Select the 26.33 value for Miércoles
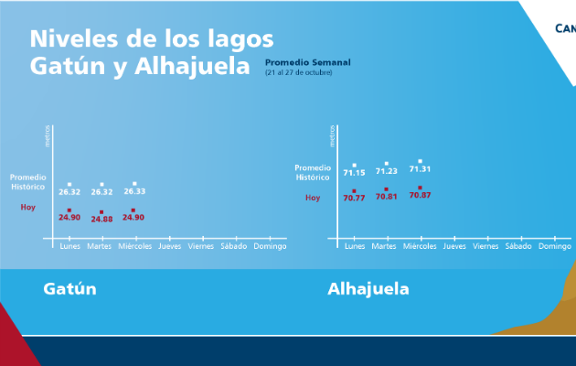pyautogui.click(x=134, y=192)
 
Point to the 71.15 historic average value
pyautogui.click(x=354, y=173)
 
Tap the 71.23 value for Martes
pyautogui.click(x=387, y=171)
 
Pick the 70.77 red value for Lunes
pyautogui.click(x=354, y=198)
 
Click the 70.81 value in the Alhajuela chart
pyautogui.click(x=387, y=197)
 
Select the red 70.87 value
pyautogui.click(x=420, y=195)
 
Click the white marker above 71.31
pyautogui.click(x=420, y=161)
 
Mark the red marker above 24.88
pyautogui.click(x=101, y=210)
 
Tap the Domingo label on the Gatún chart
pyautogui.click(x=270, y=246)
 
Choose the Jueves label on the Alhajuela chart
pyautogui.click(x=454, y=246)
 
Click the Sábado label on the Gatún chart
pyautogui.click(x=234, y=246)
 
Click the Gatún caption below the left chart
pyautogui.click(x=70, y=289)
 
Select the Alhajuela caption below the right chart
pyautogui.click(x=368, y=289)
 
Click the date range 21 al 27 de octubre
pyautogui.click(x=297, y=71)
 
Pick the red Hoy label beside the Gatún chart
pyautogui.click(x=28, y=208)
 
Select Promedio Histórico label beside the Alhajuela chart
pyautogui.click(x=314, y=172)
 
